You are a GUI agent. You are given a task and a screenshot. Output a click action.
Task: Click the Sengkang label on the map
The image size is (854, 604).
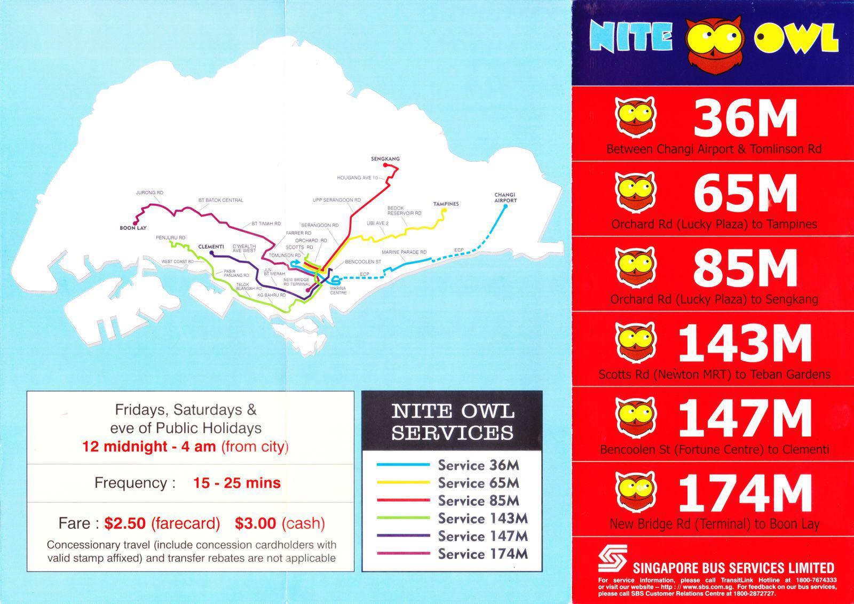coord(385,159)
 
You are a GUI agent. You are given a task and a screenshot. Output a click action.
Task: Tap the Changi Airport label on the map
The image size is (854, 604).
coord(505,198)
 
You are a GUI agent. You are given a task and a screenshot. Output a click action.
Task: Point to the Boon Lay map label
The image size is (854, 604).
coord(133,228)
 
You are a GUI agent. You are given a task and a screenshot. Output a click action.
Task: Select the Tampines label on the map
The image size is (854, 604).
coord(446,204)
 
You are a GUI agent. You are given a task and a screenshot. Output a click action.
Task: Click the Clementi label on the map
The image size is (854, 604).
coord(211,247)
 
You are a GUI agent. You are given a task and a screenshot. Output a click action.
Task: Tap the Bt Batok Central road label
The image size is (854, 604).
coord(220,200)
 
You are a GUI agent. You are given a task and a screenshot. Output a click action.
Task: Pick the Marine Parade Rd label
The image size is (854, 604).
coord(404,252)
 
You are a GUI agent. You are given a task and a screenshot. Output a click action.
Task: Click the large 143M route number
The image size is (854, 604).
coord(745,344)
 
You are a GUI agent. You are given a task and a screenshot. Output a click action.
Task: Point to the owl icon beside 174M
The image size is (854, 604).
coord(635,491)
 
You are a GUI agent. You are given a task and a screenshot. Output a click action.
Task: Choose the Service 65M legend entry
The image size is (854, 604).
coord(478,483)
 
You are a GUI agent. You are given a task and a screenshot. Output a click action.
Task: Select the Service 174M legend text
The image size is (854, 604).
coord(483,554)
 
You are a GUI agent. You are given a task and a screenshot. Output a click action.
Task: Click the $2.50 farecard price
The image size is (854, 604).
coord(125,523)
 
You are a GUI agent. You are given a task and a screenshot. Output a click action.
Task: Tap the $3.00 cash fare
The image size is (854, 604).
coord(256,523)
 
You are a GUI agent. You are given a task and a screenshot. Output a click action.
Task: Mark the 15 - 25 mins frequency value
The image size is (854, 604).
coord(236,483)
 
